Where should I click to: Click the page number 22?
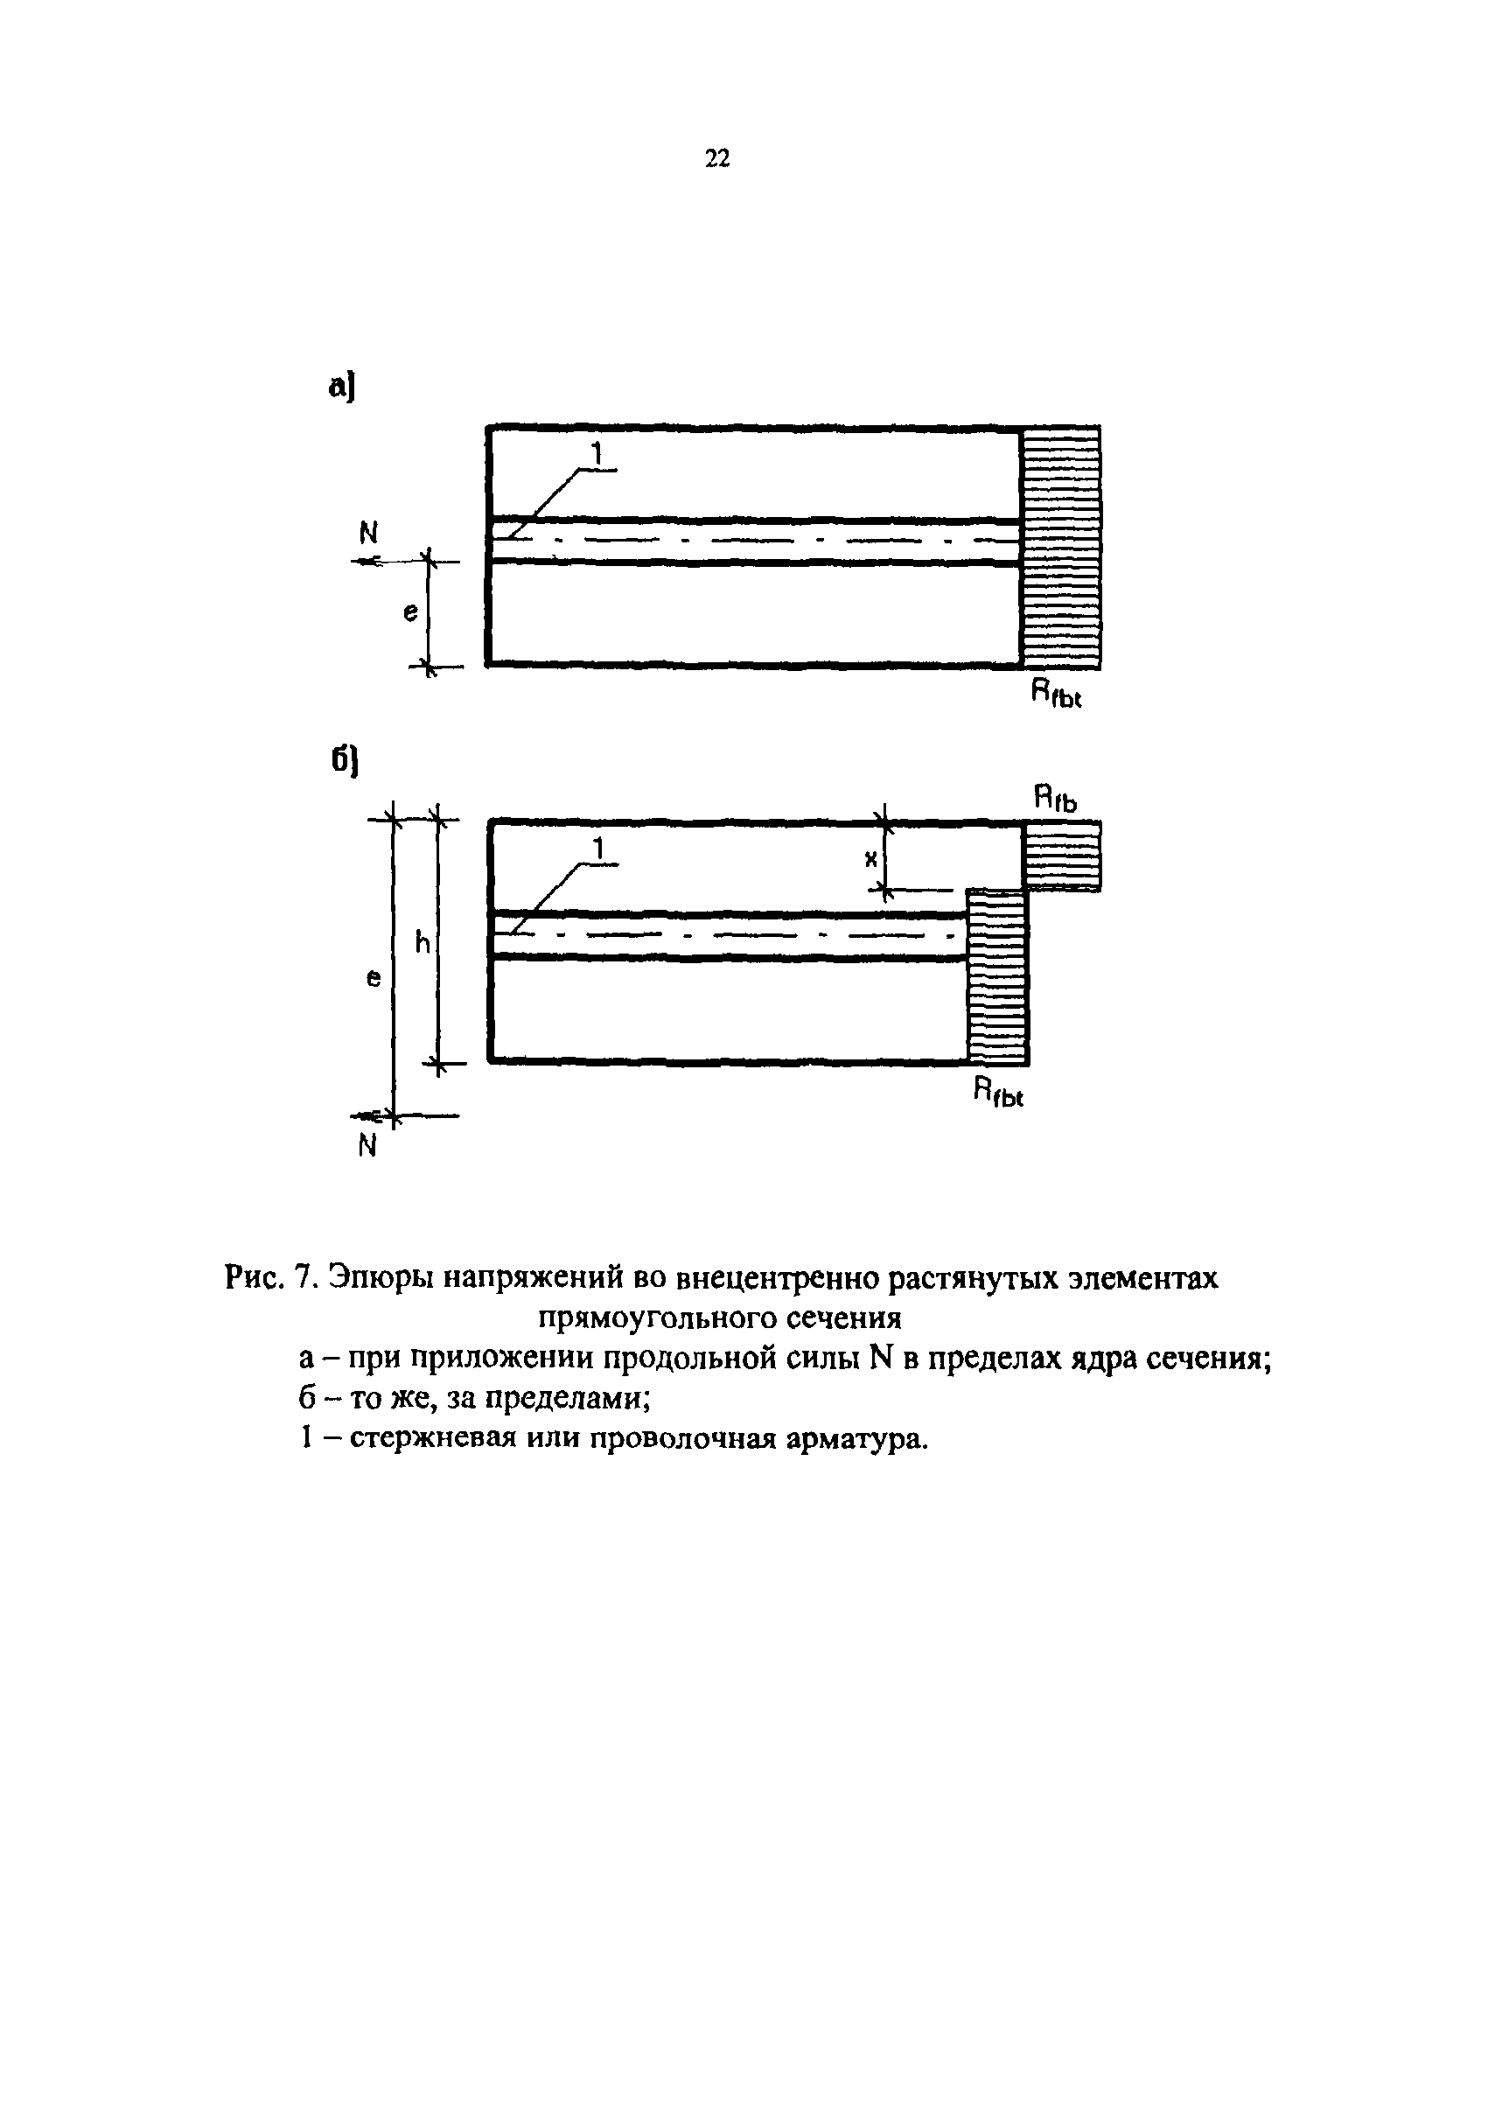[716, 158]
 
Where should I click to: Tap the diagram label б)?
[344, 761]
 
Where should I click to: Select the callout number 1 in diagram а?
[597, 454]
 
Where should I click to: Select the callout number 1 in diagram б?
[598, 848]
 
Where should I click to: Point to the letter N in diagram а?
[368, 533]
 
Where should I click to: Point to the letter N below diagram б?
[367, 1146]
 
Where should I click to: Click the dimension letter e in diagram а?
[410, 612]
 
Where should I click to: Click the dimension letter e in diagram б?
[374, 979]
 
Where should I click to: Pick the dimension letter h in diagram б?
[423, 943]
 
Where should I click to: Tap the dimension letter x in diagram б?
[869, 860]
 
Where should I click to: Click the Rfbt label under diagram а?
[1055, 693]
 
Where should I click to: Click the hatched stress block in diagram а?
[1061, 547]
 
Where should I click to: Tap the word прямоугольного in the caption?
[657, 1318]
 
